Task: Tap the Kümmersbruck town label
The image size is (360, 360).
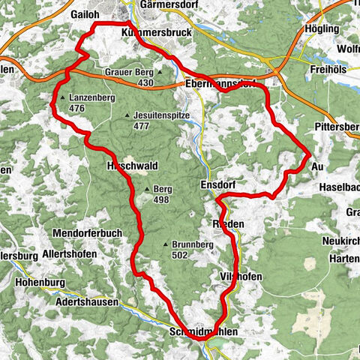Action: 153,33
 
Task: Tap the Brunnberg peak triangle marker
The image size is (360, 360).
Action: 165,244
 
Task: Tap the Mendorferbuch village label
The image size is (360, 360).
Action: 88,233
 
